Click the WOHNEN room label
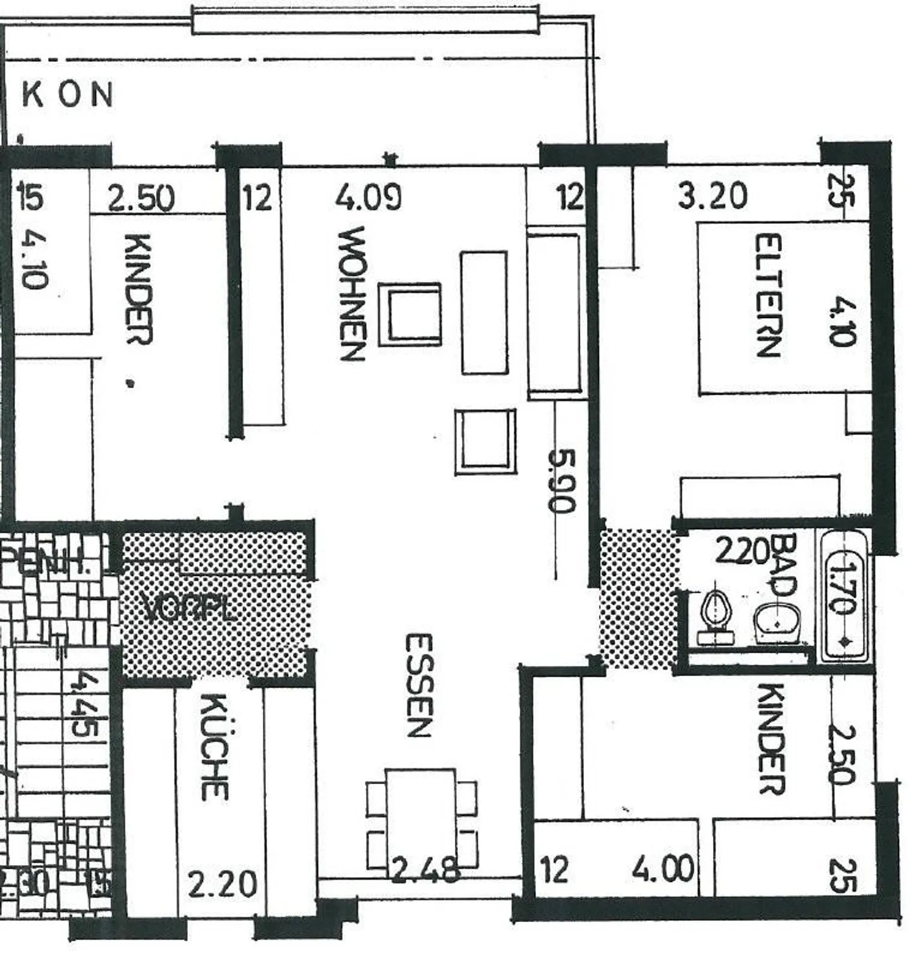(x=352, y=293)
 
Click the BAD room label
(x=785, y=565)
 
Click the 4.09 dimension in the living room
(x=368, y=197)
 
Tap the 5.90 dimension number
(x=561, y=480)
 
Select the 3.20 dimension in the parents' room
(x=712, y=195)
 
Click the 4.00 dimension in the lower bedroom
(x=662, y=869)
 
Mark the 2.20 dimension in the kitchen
(x=223, y=883)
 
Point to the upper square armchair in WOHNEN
(x=410, y=314)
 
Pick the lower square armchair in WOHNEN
(x=485, y=441)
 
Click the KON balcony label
(x=68, y=95)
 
